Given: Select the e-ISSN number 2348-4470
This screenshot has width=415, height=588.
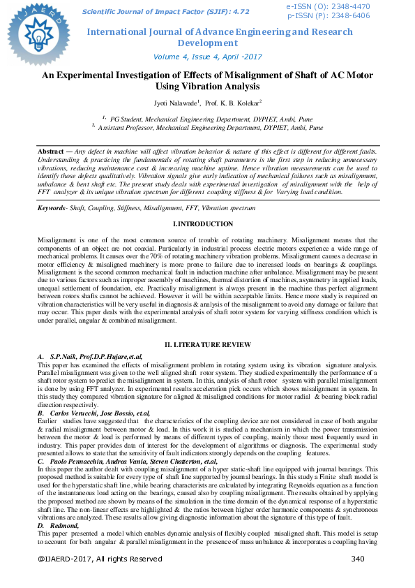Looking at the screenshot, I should point(350,6).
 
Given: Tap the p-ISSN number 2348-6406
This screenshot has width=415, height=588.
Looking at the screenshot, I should point(350,15).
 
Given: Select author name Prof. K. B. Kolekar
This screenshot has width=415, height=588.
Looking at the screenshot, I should point(234,103).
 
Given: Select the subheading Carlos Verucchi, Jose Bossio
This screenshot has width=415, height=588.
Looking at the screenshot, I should point(95,414).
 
